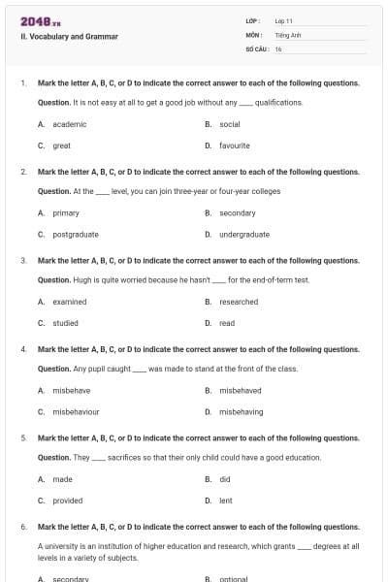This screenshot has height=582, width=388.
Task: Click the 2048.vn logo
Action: click(x=41, y=20)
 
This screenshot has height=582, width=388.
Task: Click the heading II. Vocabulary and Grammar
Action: click(x=69, y=37)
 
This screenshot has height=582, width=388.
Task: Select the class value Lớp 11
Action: click(x=283, y=20)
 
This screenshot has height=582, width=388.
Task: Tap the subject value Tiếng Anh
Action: click(x=287, y=34)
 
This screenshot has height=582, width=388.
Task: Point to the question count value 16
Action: click(x=278, y=48)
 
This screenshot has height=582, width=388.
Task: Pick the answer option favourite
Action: click(x=234, y=145)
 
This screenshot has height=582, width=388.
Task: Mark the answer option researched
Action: click(x=239, y=302)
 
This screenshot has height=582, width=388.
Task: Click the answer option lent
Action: click(x=225, y=501)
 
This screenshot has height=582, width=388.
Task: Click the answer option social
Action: click(x=229, y=124)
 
